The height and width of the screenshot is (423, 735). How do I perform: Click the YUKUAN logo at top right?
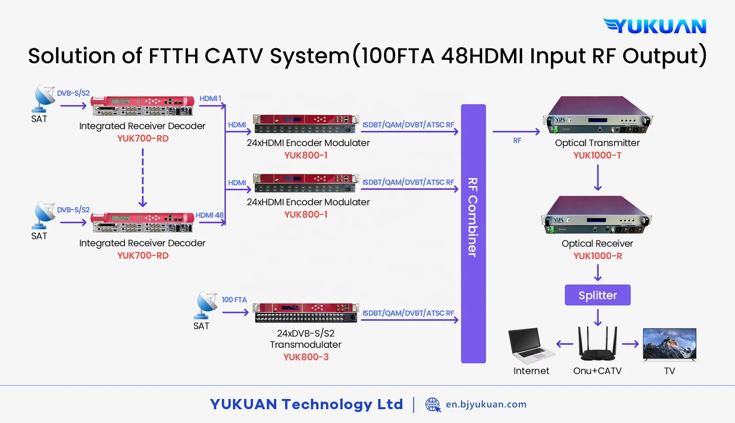tap(655, 26)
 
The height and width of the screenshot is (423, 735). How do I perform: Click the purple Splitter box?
tap(597, 295)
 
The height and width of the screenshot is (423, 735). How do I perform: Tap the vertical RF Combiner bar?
tap(473, 233)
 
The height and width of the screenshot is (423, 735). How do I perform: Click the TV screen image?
tap(669, 344)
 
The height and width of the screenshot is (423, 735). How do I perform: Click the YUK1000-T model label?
tap(597, 155)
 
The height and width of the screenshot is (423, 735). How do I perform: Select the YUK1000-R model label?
tap(597, 256)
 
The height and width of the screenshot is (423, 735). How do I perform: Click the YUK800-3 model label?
tap(306, 357)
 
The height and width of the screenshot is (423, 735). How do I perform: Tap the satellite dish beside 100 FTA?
tap(206, 305)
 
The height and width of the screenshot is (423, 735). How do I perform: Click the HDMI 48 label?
tap(209, 215)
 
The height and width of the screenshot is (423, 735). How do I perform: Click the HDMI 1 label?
tap(210, 98)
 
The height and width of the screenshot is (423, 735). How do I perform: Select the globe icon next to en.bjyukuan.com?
tap(432, 404)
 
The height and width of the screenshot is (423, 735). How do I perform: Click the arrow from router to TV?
tap(630, 344)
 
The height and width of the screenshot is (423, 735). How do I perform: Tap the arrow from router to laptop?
tap(564, 344)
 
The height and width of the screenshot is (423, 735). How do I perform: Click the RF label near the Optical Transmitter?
tap(517, 141)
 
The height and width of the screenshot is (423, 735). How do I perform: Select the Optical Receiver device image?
tap(596, 216)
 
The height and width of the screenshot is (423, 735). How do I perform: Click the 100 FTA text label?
tap(234, 300)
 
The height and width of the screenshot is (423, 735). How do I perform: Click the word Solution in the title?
tap(72, 56)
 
